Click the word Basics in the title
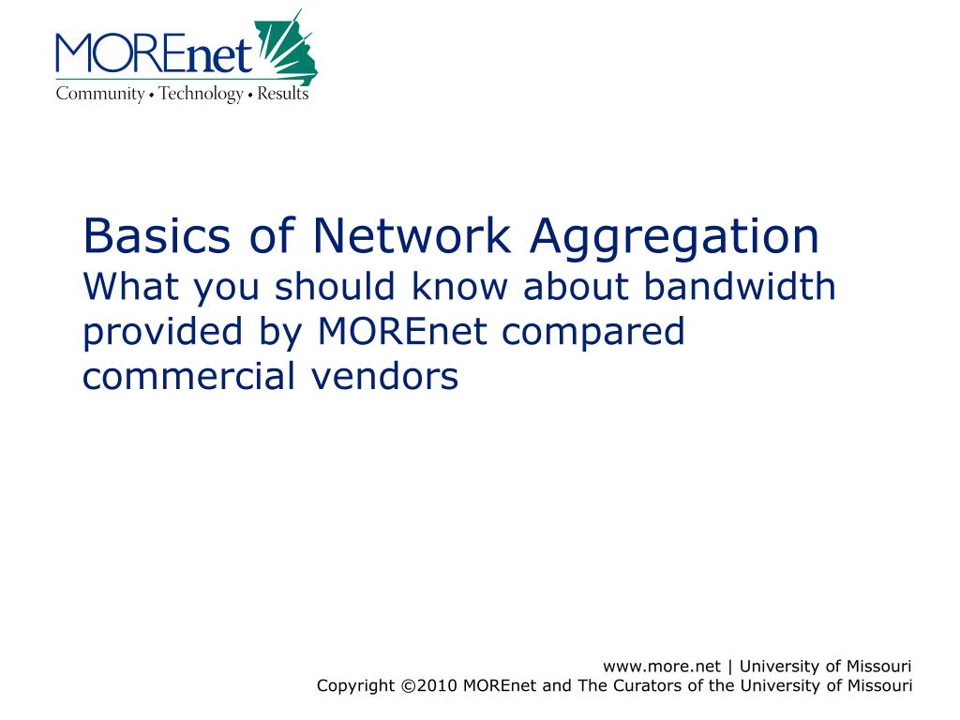tap(157, 235)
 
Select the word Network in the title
tap(412, 235)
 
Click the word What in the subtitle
tap(131, 286)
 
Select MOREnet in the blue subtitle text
tap(402, 331)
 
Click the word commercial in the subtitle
tap(189, 375)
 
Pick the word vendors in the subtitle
tap(384, 375)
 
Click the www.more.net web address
tap(661, 667)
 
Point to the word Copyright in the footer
tap(355, 686)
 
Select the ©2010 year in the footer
tap(429, 685)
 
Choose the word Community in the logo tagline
tap(99, 94)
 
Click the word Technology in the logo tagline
tap(201, 94)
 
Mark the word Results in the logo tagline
tap(283, 93)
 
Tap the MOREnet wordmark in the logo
tap(154, 53)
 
